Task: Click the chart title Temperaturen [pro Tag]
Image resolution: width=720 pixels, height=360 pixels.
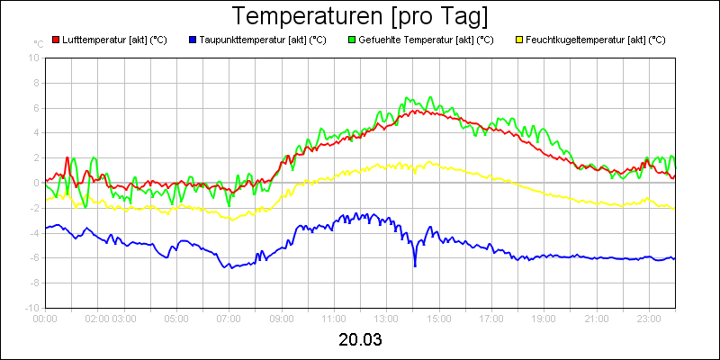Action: [x=360, y=16]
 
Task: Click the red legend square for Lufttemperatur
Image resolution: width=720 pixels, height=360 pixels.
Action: [x=56, y=40]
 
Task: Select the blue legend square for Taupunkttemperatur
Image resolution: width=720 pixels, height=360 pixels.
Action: [x=193, y=40]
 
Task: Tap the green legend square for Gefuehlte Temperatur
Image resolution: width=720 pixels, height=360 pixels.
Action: [x=351, y=40]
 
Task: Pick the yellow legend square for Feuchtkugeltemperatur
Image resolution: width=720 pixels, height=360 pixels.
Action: [x=519, y=40]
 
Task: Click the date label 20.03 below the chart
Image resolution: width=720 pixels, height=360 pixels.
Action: [x=360, y=340]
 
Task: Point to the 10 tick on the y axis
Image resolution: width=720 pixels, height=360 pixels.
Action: [x=34, y=58]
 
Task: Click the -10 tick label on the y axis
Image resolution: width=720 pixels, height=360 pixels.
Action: [x=31, y=308]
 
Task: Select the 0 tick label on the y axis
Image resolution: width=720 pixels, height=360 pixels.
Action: [x=36, y=183]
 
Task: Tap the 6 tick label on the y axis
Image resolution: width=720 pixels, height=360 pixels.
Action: [x=36, y=108]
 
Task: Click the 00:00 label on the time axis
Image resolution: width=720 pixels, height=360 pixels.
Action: [x=45, y=318]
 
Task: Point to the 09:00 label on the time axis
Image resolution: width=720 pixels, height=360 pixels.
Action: [x=281, y=318]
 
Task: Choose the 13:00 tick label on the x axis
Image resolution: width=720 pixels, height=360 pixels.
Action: [x=386, y=318]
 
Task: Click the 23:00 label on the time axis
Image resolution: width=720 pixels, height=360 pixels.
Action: [x=649, y=318]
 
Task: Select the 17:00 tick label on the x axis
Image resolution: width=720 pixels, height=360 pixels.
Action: [x=491, y=318]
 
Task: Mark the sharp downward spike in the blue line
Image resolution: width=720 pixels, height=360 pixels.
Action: [x=415, y=265]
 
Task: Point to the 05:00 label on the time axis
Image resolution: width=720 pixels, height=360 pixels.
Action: [x=176, y=318]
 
